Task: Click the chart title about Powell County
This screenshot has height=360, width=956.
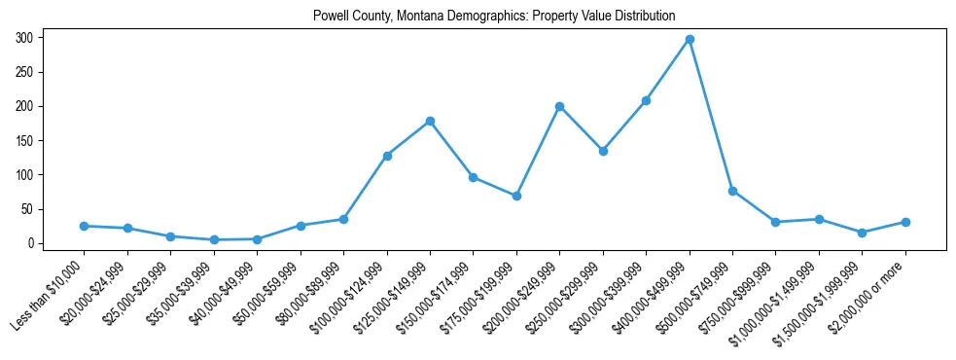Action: [494, 16]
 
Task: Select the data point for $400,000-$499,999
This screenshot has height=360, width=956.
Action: [690, 39]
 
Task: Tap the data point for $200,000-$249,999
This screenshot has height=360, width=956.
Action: [559, 106]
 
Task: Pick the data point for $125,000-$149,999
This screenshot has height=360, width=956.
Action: [430, 122]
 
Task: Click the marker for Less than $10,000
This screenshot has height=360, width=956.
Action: [84, 226]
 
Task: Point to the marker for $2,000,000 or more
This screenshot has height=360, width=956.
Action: [905, 222]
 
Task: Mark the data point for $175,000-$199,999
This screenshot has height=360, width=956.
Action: [516, 196]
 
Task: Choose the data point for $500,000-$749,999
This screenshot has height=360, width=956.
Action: [732, 191]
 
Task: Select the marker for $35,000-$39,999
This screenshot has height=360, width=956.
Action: [214, 239]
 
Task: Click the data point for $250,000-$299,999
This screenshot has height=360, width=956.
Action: [603, 151]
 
